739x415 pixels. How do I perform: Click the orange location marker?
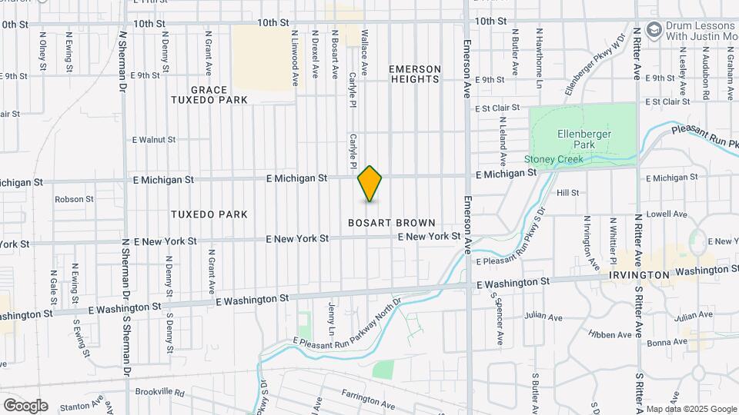tap(370, 184)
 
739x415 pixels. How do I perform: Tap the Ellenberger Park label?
tap(583, 138)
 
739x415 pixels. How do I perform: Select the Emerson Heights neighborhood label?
tap(416, 74)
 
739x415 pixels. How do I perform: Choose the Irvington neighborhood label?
tap(639, 275)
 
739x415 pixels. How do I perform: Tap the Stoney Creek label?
tap(553, 159)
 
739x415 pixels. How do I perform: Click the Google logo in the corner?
tap(25, 405)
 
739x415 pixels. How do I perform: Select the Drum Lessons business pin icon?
tap(654, 30)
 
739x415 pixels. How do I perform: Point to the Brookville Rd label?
tap(159, 392)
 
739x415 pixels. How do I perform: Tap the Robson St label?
tap(74, 199)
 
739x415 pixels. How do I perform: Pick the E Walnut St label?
tap(154, 140)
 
